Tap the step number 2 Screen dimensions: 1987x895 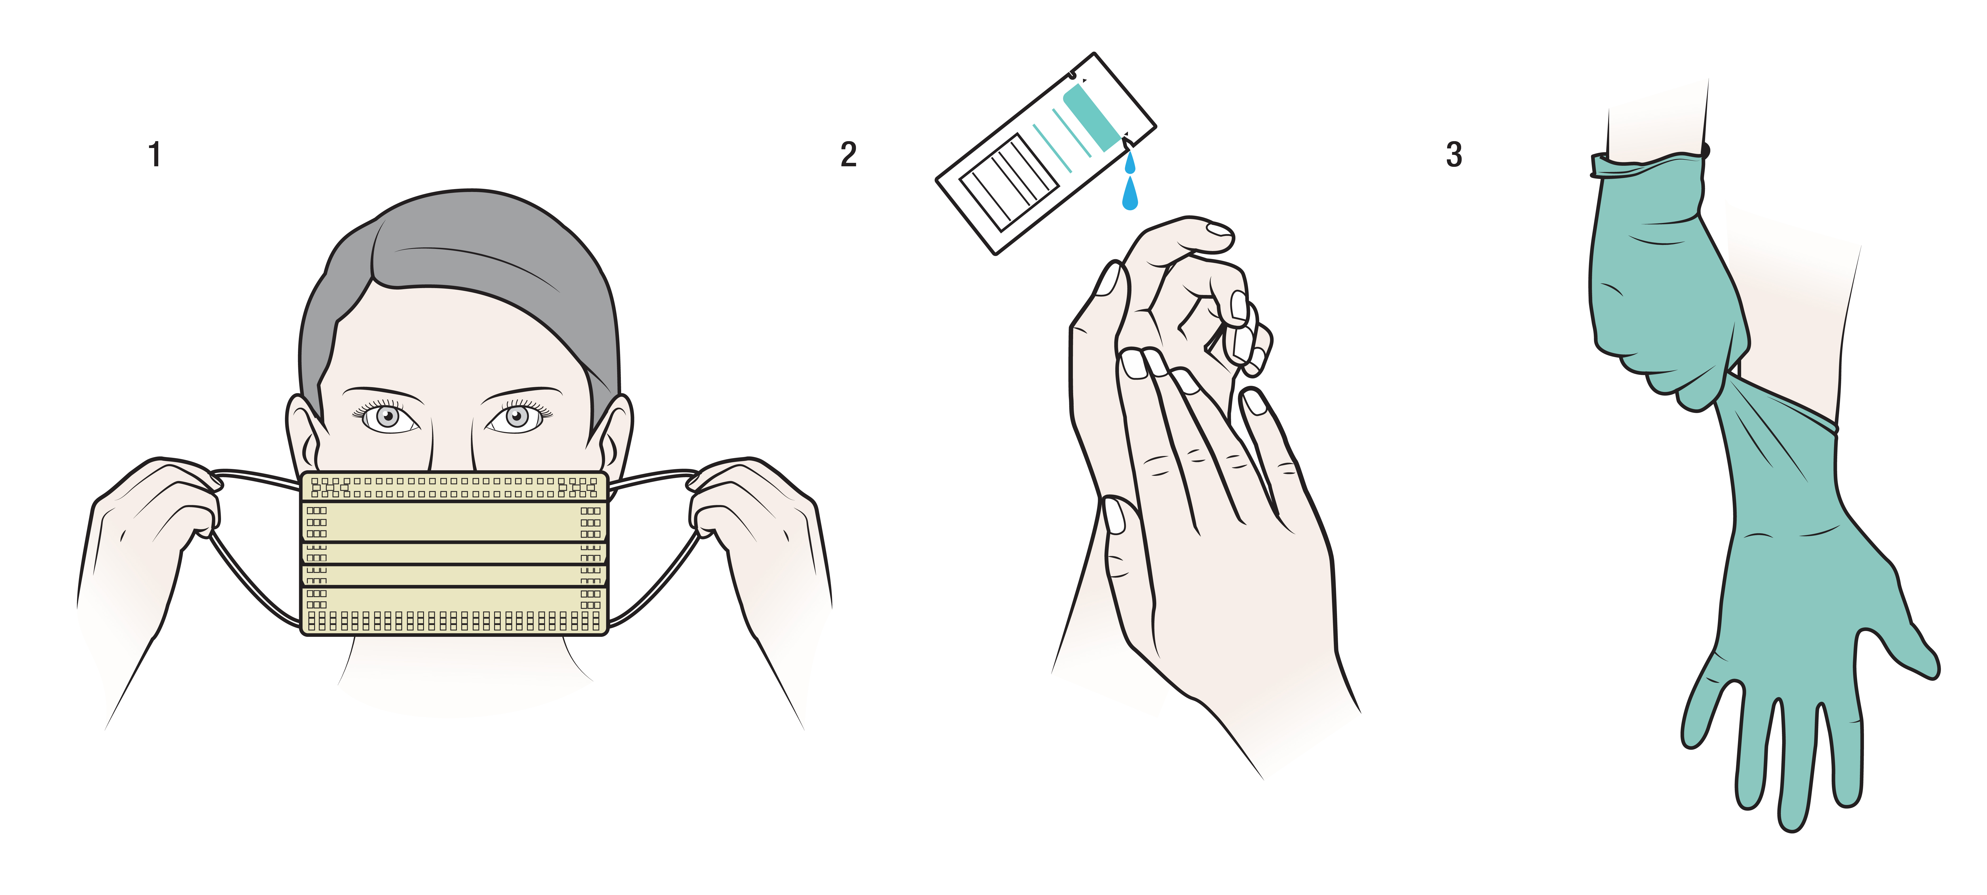pyautogui.click(x=848, y=154)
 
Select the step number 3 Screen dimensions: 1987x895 pyautogui.click(x=1454, y=154)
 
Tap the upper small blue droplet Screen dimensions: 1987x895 pyautogui.click(x=1130, y=162)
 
